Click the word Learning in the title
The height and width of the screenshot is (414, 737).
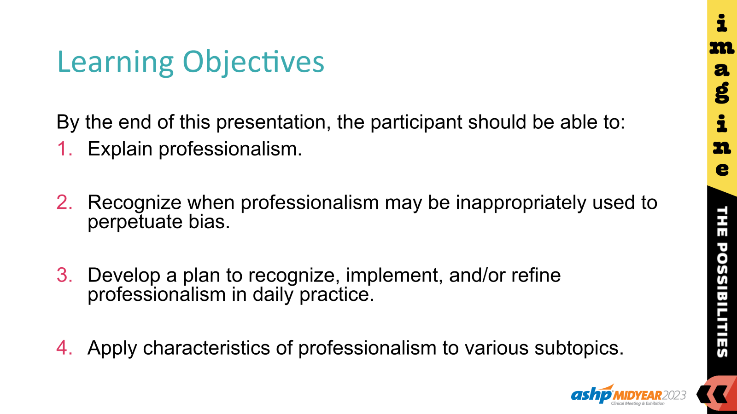pos(115,62)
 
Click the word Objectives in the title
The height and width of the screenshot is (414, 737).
pos(253,62)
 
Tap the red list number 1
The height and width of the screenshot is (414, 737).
pos(64,149)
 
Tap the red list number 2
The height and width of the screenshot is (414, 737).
pos(64,202)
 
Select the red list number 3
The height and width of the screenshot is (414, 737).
pos(64,275)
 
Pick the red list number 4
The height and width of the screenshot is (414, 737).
pos(64,348)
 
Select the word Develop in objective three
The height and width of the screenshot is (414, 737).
pos(123,275)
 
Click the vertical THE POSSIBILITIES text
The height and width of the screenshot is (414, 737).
pos(722,282)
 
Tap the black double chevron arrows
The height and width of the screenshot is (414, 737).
pos(712,394)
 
